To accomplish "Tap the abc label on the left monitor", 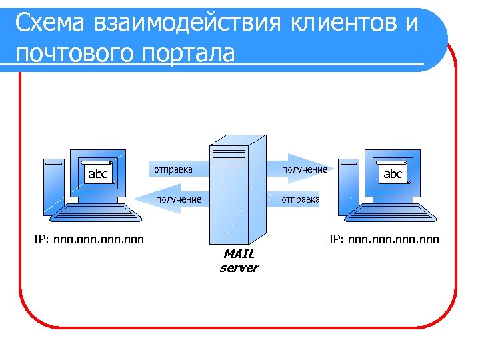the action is [98, 174].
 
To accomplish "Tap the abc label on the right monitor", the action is [393, 174].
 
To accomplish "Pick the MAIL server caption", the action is [239, 261].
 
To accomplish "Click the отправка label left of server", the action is [173, 169].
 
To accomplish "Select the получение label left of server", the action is [179, 199].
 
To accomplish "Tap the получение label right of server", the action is [304, 170].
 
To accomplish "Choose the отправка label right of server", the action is [300, 199].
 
